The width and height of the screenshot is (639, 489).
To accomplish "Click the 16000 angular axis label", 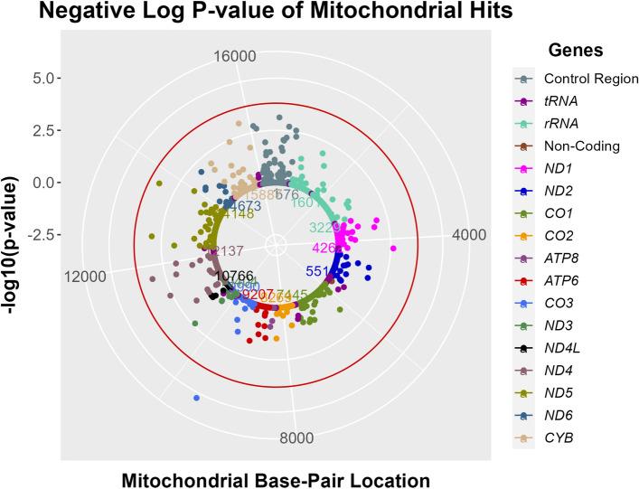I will (x=233, y=57).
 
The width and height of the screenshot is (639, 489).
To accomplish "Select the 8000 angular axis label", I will (x=297, y=439).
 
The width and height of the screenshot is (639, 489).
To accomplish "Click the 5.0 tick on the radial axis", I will (x=40, y=78).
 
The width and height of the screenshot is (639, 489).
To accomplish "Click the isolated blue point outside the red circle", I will (x=195, y=398).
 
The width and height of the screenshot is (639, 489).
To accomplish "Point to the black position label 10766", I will (x=234, y=276).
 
